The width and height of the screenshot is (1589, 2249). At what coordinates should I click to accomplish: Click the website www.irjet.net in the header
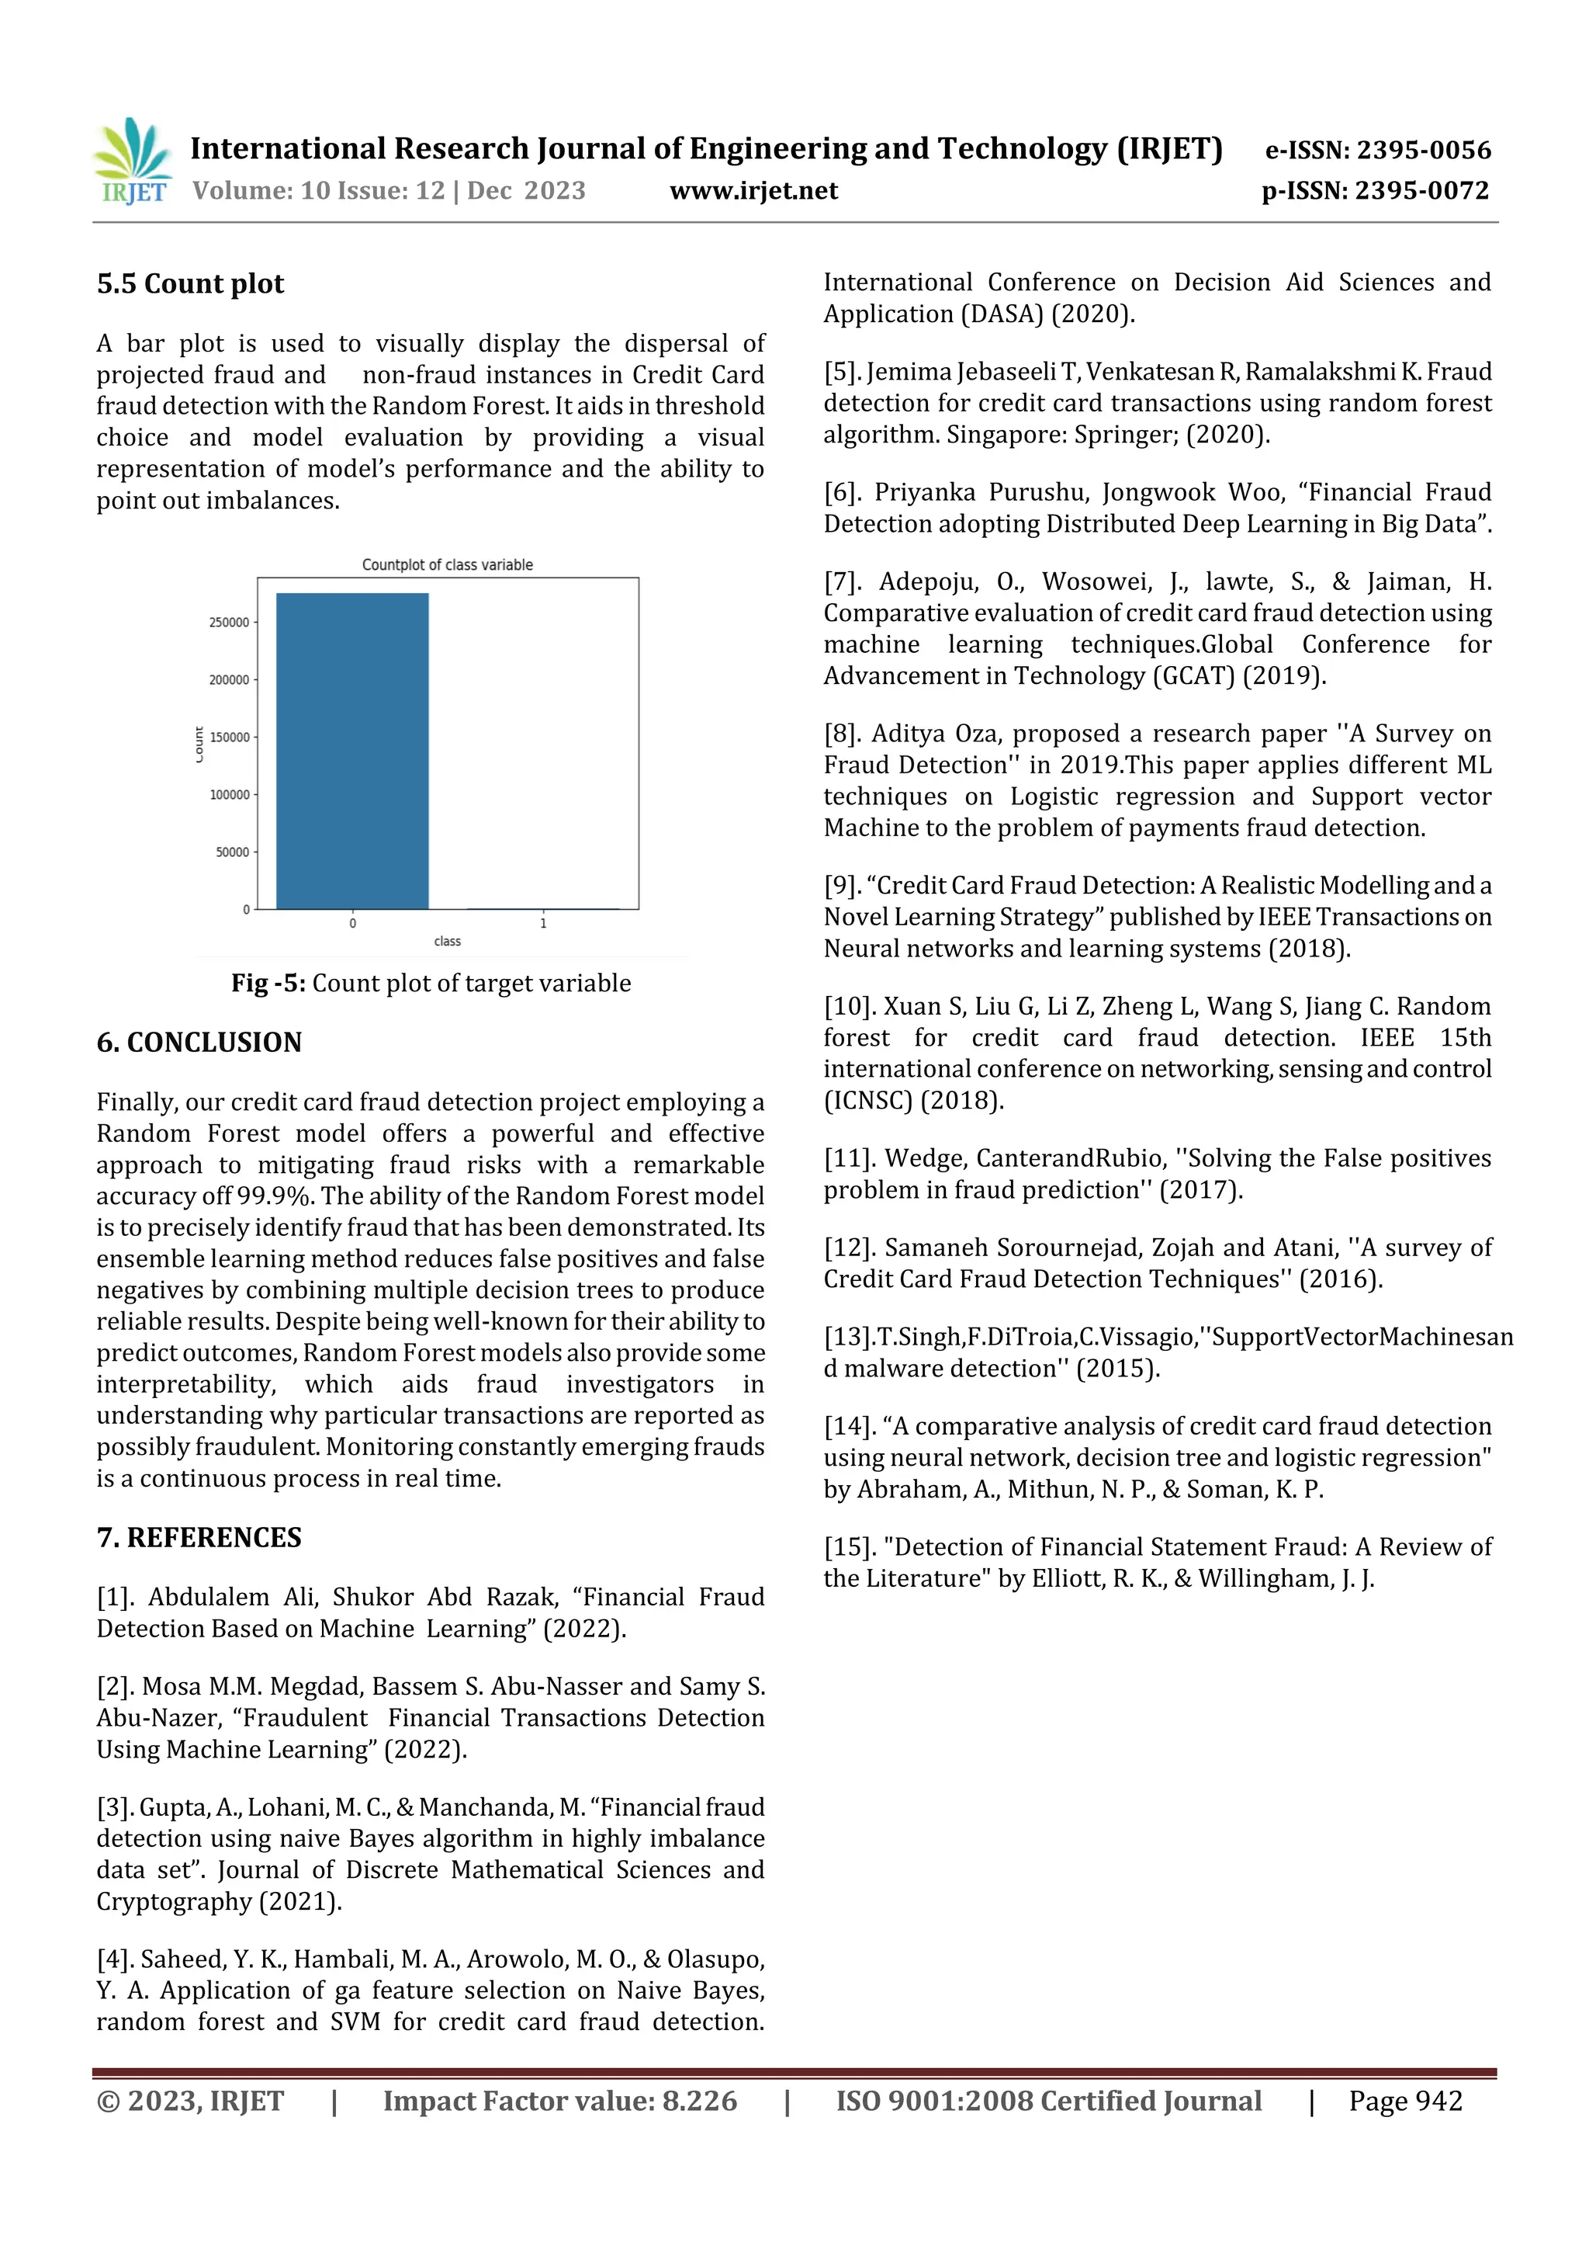pyautogui.click(x=753, y=191)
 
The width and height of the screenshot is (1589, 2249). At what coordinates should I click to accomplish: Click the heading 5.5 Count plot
pyautogui.click(x=190, y=284)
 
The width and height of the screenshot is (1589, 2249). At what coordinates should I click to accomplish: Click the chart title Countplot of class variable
pyautogui.click(x=448, y=565)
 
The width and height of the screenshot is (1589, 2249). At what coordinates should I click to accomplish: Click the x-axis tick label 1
pyautogui.click(x=543, y=924)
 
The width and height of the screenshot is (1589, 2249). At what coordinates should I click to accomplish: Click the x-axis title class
pyautogui.click(x=448, y=942)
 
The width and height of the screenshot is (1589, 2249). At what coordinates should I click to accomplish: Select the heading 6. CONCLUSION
pyautogui.click(x=199, y=1043)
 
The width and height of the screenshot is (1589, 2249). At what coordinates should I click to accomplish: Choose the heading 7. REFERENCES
pyautogui.click(x=199, y=1538)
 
